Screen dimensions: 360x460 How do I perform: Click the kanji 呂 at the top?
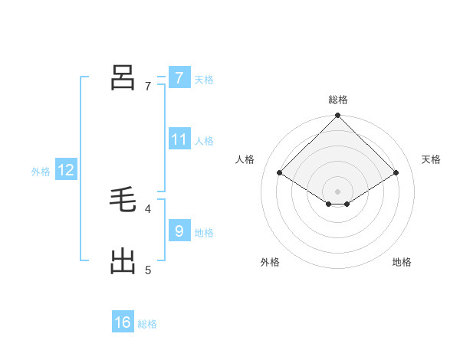[x=123, y=78]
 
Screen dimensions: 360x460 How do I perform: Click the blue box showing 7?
[x=179, y=78]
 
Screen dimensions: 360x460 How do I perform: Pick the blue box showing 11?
[x=179, y=139]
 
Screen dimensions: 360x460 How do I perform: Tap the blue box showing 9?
[x=179, y=231]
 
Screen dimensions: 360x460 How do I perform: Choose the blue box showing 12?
[x=66, y=170]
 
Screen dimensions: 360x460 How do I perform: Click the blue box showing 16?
[x=123, y=322]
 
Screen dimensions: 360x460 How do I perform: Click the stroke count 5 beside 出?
[x=148, y=270]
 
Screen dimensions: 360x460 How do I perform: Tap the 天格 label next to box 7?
[x=204, y=79]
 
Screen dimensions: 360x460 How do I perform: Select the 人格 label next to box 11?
[x=204, y=140]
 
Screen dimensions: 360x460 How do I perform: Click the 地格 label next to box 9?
[x=204, y=232]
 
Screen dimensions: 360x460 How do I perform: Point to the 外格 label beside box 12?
[x=41, y=172]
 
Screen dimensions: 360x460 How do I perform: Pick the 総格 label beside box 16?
[x=147, y=324]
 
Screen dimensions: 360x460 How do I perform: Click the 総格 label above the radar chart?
[x=338, y=100]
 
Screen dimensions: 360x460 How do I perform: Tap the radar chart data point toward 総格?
[x=338, y=116]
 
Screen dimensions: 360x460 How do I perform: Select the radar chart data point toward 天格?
[x=396, y=173]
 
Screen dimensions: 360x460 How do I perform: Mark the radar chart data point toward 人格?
[x=280, y=173]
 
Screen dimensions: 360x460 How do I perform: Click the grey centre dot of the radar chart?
[x=338, y=191]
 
